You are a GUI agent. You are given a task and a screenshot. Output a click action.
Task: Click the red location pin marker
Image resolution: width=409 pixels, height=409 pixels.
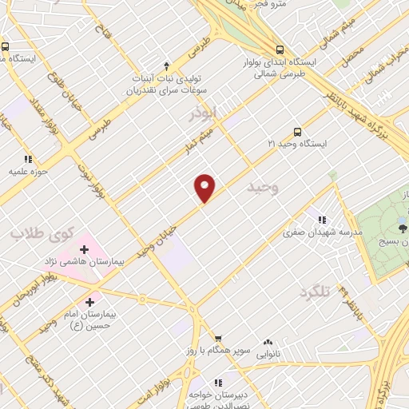[205, 188]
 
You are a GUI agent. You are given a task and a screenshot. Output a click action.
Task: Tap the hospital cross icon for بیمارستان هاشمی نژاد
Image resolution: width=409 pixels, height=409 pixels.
[84, 250]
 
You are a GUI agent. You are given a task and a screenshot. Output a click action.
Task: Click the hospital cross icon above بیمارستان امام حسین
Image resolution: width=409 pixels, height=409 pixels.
[89, 303]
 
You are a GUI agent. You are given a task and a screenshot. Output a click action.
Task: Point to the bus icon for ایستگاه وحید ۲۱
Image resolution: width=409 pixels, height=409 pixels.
[298, 131]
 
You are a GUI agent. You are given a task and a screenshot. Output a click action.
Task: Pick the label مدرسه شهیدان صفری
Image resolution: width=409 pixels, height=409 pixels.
[323, 233]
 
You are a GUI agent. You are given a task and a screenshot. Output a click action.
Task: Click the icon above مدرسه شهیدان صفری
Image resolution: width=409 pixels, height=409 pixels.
[322, 220]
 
